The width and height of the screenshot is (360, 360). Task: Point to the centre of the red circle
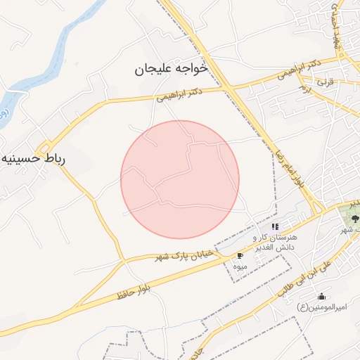point(180,179)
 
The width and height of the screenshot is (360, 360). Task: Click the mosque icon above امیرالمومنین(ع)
point(322,296)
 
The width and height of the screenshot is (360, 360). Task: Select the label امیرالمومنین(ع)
point(314,307)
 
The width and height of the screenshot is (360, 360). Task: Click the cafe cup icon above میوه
point(240,255)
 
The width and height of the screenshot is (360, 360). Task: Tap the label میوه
point(240,265)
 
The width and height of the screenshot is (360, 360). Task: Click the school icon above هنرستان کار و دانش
point(276,226)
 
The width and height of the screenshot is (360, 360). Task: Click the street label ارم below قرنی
point(305,89)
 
